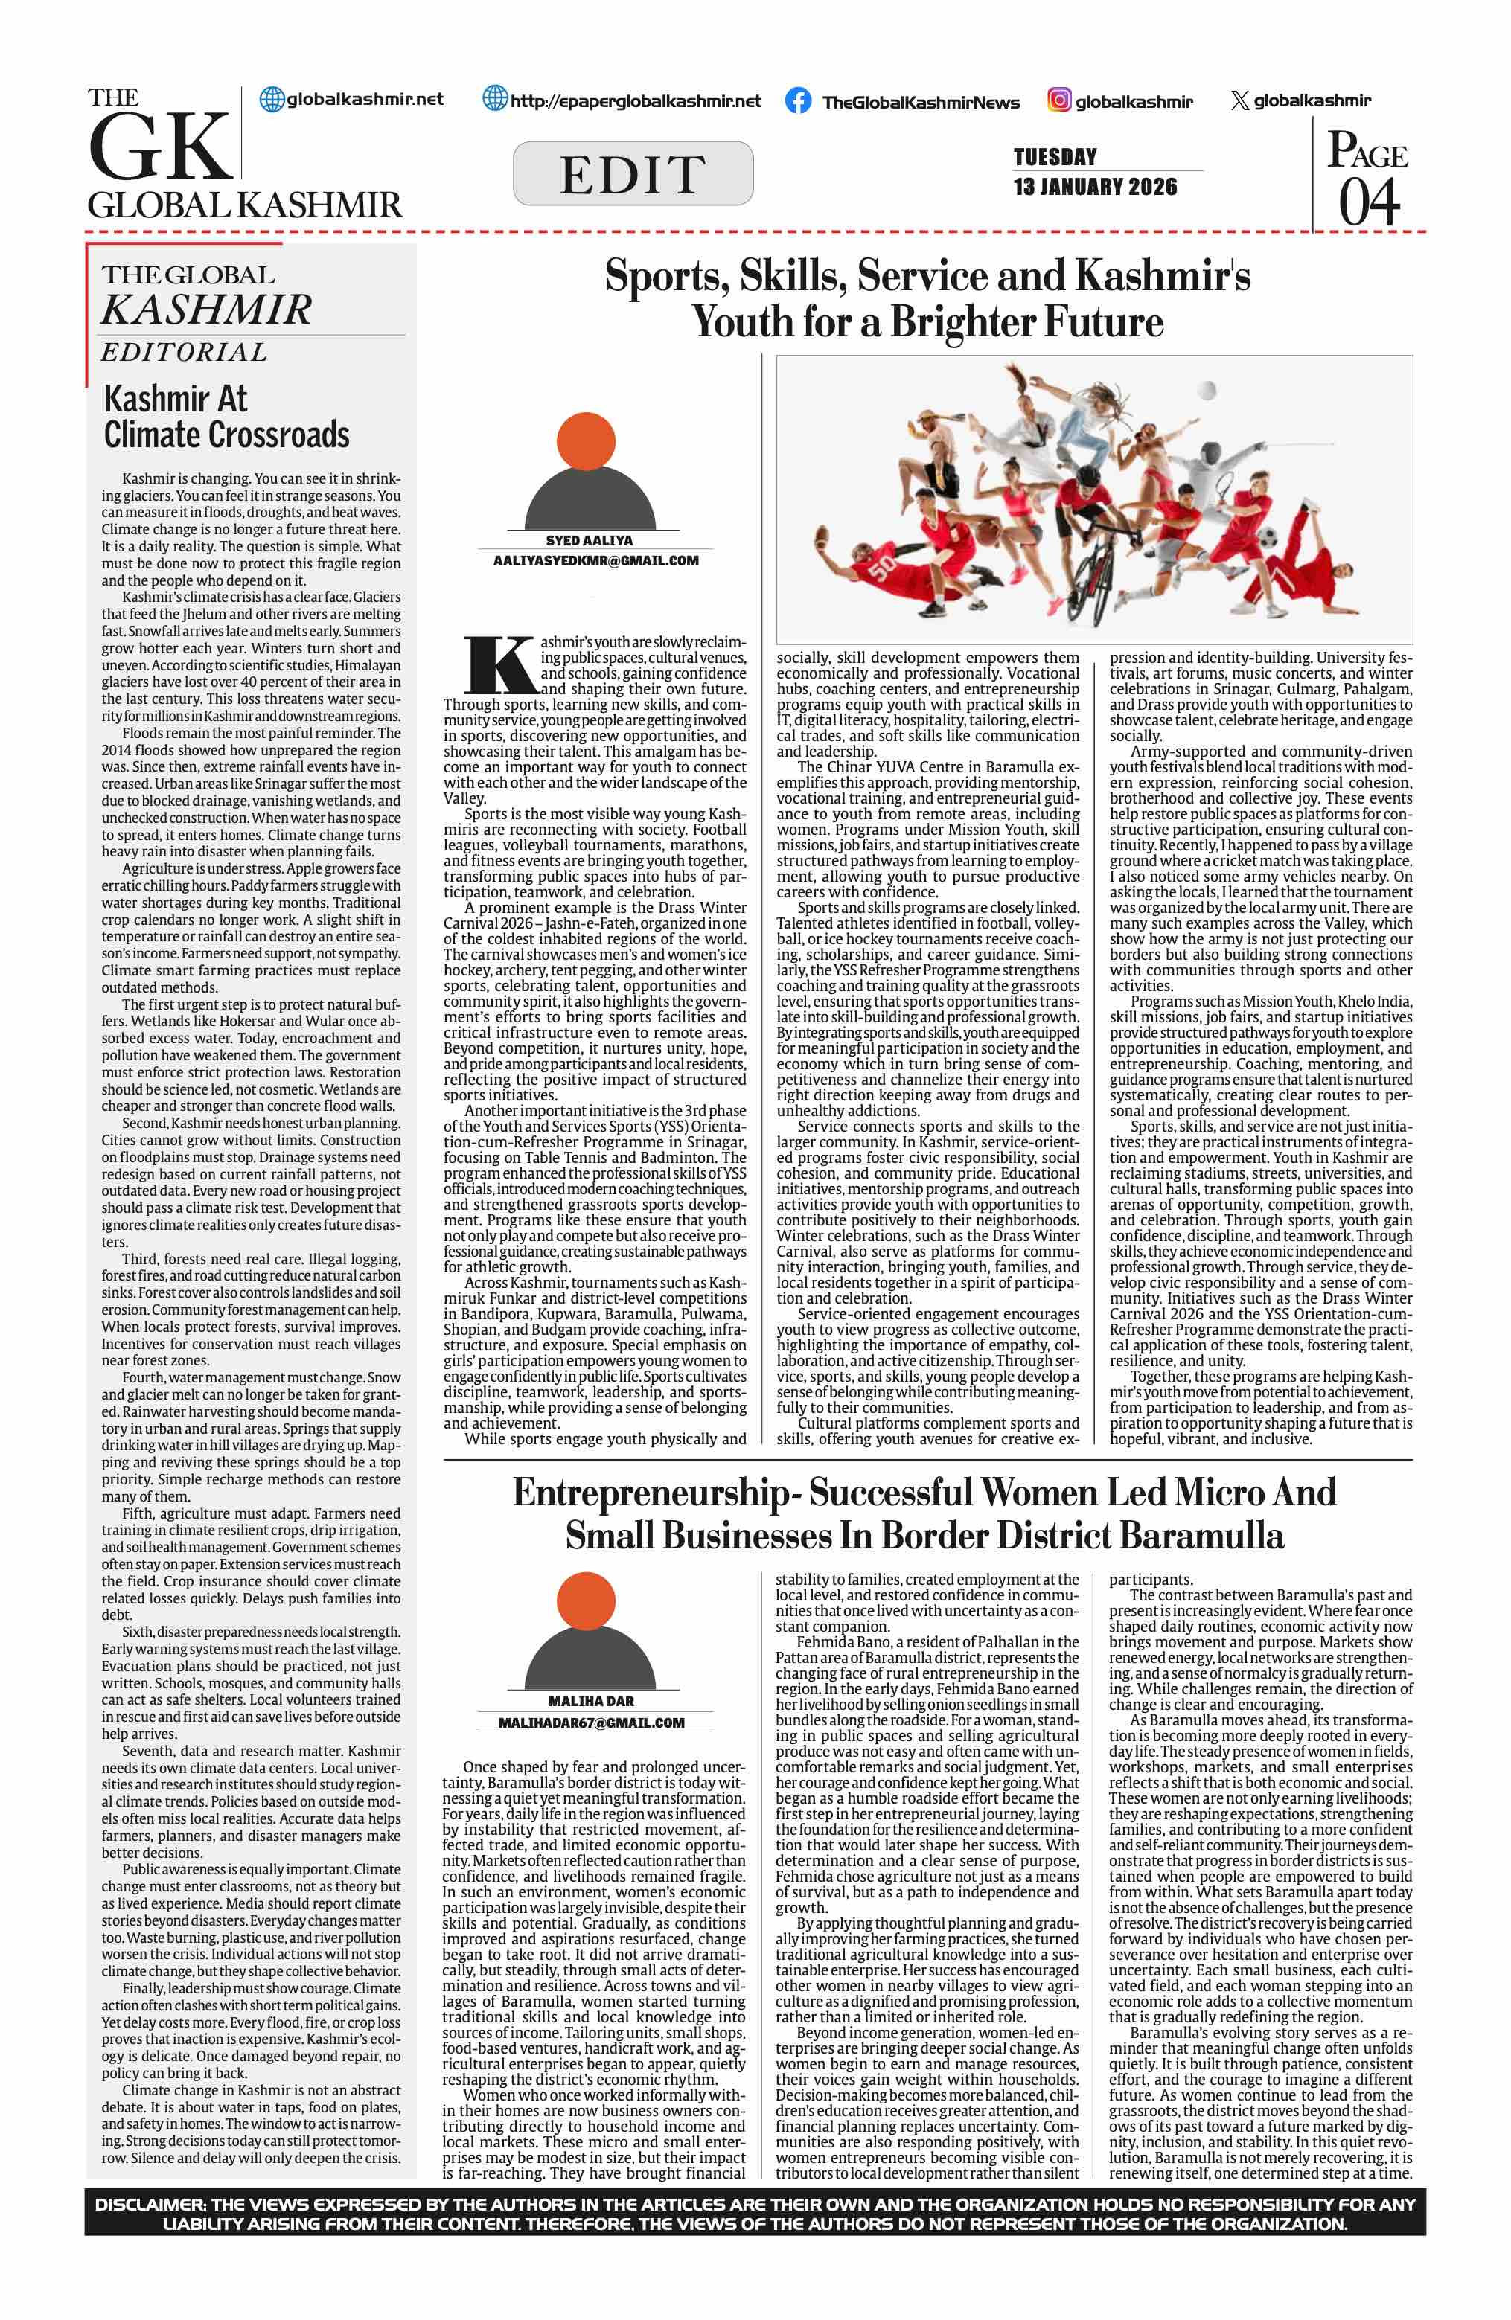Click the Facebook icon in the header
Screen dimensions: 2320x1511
click(x=797, y=100)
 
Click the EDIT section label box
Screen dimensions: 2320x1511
click(x=633, y=173)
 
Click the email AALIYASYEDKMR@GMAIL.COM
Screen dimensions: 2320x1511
click(x=595, y=560)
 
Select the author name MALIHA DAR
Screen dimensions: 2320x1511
click(x=591, y=1701)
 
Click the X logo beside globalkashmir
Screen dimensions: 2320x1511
click(x=1239, y=100)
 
